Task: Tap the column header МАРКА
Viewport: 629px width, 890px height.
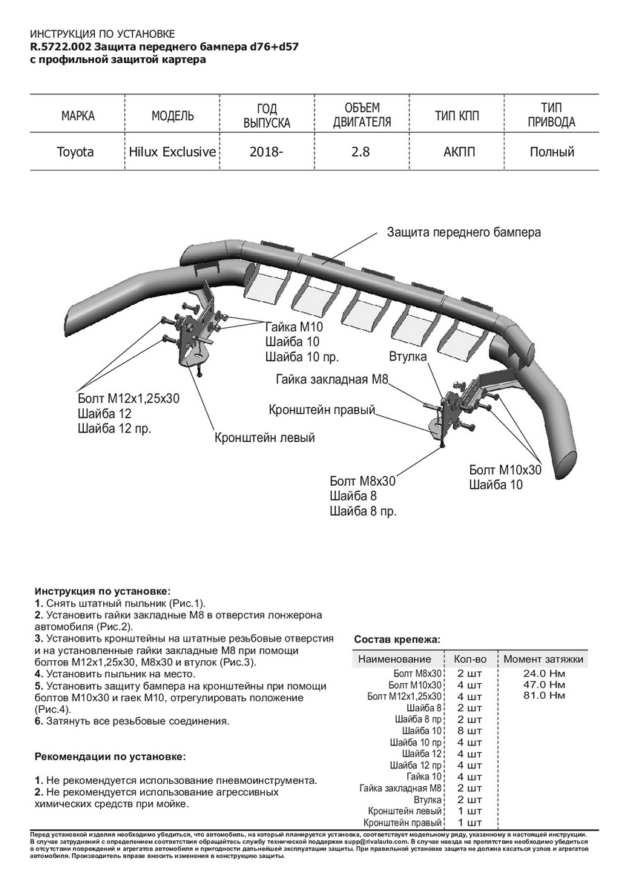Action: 77,116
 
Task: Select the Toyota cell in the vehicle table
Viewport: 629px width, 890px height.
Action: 76,152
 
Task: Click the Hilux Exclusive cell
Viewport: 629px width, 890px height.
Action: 173,152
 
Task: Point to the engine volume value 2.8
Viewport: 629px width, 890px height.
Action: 360,152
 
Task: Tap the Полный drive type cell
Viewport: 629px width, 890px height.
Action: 552,152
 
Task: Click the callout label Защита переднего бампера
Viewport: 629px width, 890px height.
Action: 464,232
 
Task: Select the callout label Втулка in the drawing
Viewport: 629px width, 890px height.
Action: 407,357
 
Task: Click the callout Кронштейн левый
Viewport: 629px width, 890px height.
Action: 265,438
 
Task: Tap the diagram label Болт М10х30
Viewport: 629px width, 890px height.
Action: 505,470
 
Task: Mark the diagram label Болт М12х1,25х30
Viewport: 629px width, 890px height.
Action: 128,398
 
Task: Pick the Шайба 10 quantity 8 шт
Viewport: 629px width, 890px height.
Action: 469,731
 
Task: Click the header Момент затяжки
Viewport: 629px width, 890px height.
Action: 543,659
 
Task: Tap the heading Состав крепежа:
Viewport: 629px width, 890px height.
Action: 397,639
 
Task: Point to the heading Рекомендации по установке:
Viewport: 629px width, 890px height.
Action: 111,757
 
